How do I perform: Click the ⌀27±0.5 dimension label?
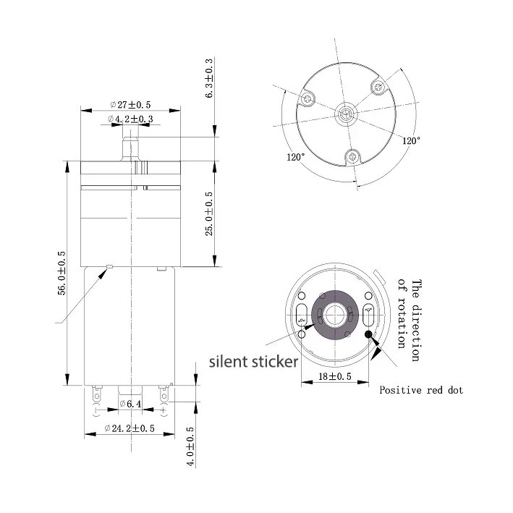point(130,105)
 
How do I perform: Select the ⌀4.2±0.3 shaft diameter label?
point(130,119)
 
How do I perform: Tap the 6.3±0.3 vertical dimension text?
point(209,78)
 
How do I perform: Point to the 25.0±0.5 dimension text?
point(209,213)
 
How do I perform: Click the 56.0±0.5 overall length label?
point(62,274)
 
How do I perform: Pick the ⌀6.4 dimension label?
point(130,404)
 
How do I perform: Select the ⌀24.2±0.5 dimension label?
point(130,428)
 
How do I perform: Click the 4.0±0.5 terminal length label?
point(191,446)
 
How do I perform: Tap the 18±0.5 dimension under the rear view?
point(335,376)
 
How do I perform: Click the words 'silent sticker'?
point(253,362)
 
